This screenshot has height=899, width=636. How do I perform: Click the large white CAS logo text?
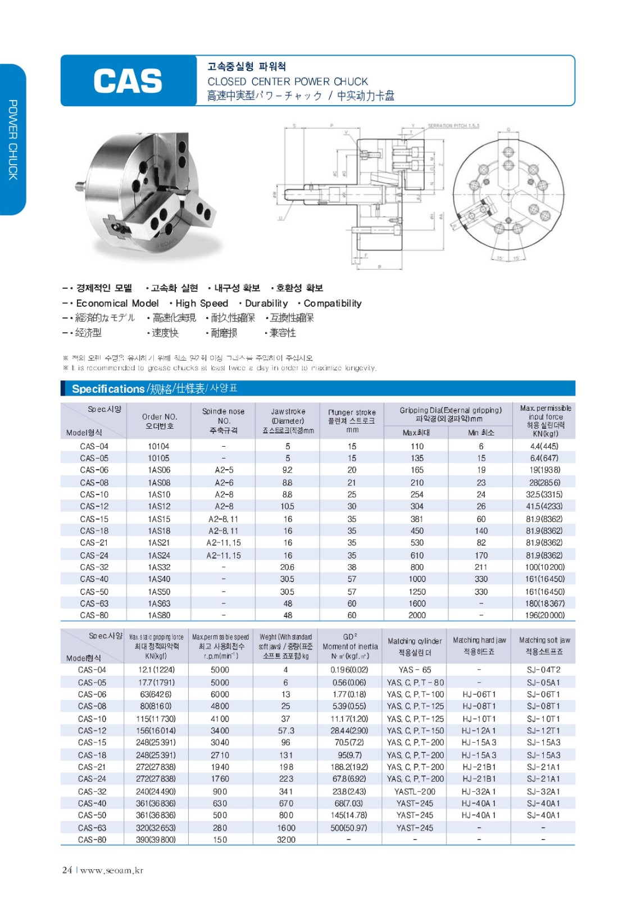click(x=128, y=81)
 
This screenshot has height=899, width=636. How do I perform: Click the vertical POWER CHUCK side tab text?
click(x=13, y=140)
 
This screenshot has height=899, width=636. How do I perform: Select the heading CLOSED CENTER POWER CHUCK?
click(x=288, y=81)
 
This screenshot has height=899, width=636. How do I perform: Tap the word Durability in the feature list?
click(x=266, y=303)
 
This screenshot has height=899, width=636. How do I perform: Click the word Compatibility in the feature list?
click(x=333, y=303)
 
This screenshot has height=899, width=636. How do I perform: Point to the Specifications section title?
click(x=108, y=389)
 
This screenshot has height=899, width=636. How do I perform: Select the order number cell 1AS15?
click(x=159, y=519)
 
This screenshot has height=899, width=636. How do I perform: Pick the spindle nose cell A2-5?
click(x=224, y=470)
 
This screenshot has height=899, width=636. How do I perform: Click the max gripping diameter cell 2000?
click(x=417, y=615)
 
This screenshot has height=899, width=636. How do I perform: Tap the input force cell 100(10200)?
click(x=544, y=567)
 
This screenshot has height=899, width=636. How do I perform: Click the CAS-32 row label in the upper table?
click(x=94, y=567)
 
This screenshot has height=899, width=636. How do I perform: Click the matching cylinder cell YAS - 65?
click(x=415, y=670)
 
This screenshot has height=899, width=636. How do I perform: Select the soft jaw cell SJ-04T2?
click(x=543, y=670)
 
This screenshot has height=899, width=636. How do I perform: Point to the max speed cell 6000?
click(x=220, y=694)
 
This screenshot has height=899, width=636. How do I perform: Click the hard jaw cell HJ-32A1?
click(x=479, y=792)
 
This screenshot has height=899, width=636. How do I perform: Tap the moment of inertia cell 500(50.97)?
click(x=349, y=828)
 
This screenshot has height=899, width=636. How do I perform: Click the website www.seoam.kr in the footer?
click(x=112, y=870)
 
